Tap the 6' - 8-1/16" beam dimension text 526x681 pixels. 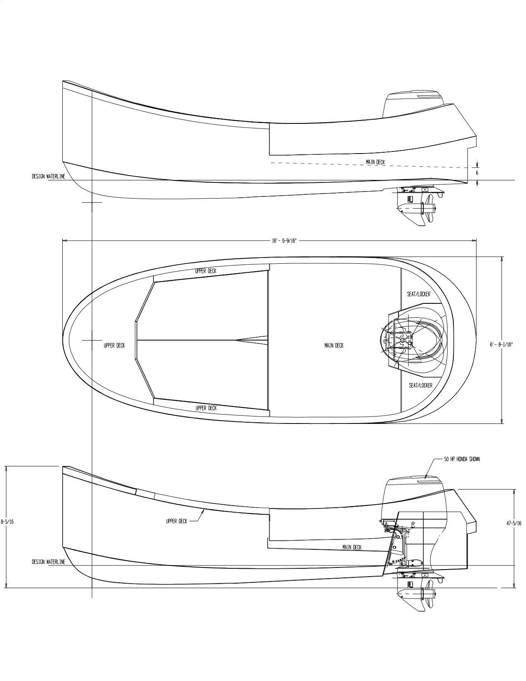point(501,344)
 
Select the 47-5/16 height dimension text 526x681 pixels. point(514,523)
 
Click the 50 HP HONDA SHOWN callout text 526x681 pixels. point(462,459)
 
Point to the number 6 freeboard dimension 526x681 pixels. point(477,173)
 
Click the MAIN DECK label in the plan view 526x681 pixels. point(334,345)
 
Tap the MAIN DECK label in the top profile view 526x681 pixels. point(375,162)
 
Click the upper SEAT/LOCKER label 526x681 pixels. point(419,294)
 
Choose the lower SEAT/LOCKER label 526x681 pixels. point(420,385)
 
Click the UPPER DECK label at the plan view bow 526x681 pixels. point(114,345)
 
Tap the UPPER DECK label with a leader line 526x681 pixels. point(177,521)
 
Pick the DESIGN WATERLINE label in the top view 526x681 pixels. point(49,176)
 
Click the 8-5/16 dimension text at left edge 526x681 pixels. point(7,522)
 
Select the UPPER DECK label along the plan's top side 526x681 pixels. point(206,271)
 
